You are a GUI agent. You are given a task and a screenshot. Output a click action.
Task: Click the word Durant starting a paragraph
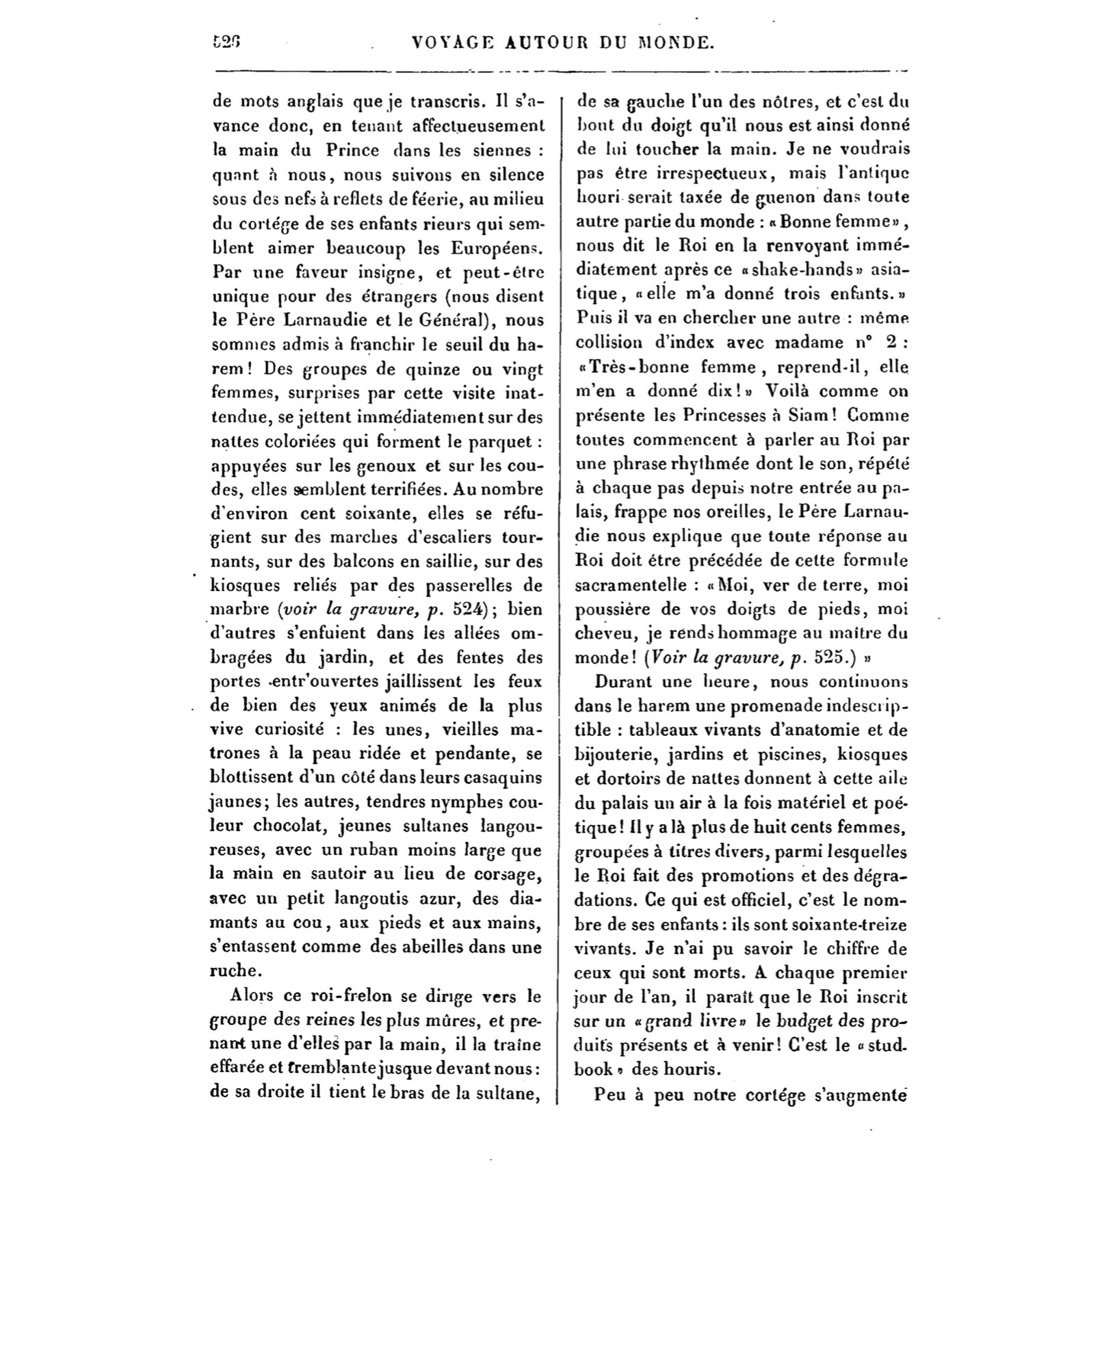[622, 682]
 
